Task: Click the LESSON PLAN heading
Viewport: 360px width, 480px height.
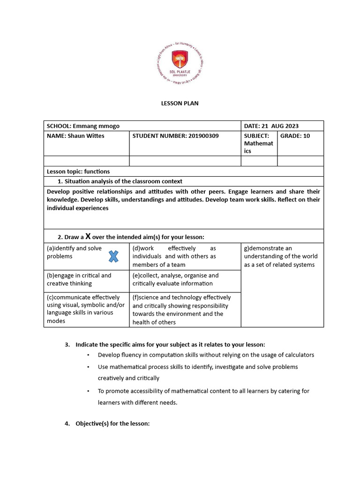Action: [180, 103]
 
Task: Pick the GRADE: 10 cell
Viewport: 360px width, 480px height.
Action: [295, 136]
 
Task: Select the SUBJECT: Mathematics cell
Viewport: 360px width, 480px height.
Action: [259, 143]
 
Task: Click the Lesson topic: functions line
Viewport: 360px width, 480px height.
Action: [78, 172]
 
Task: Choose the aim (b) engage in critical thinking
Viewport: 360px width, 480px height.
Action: [79, 279]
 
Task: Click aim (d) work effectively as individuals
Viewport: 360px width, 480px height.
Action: [174, 256]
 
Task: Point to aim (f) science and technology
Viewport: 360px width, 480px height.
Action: [181, 309]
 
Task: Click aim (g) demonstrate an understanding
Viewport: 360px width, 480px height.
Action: [280, 256]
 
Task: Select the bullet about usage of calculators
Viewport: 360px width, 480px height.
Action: [206, 355]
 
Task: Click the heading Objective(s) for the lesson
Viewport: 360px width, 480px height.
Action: [112, 424]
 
